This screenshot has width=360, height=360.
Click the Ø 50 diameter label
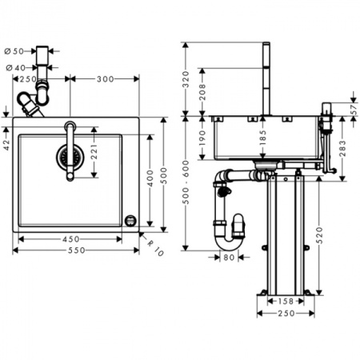point(14,51)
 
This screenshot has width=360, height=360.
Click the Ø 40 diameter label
point(16,68)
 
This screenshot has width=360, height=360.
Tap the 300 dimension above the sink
point(105,79)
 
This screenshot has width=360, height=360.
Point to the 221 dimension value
point(94,151)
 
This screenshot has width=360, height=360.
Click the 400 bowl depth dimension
point(150,178)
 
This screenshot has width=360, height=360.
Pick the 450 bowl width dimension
point(71,239)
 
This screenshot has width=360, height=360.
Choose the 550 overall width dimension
point(76,250)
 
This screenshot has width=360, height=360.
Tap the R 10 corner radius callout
point(155,248)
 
